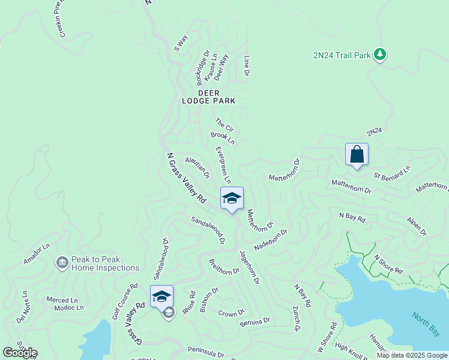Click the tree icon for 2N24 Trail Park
[379, 55]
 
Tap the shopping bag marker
[357, 154]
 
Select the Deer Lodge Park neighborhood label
[209, 97]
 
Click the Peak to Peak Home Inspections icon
[62, 263]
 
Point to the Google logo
[20, 353]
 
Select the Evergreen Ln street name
[223, 164]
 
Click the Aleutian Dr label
[197, 168]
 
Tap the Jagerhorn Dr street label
[249, 267]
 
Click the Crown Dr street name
[232, 313]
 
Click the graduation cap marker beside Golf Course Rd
[161, 296]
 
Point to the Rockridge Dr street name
[202, 67]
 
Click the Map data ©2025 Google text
[412, 355]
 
